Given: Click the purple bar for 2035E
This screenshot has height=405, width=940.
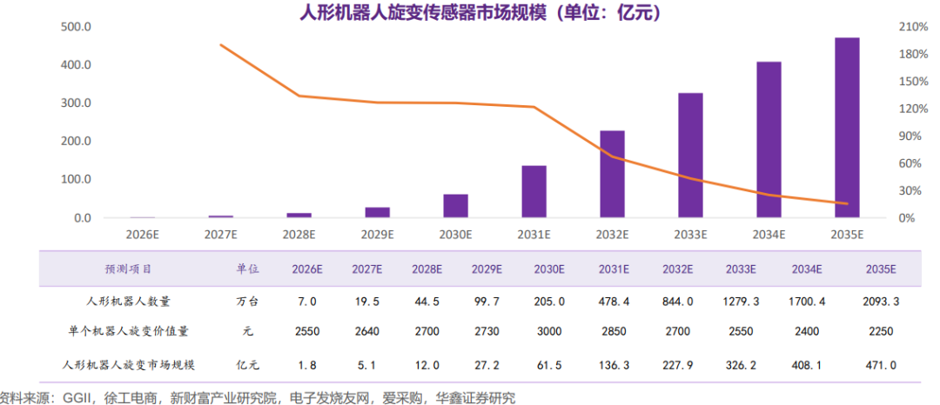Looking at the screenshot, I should (847, 128).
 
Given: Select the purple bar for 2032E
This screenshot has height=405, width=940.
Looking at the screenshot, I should (612, 174).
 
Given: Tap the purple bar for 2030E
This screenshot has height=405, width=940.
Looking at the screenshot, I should (455, 206).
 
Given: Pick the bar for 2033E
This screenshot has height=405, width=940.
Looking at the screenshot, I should (690, 155).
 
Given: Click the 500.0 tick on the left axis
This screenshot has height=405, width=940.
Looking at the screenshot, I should (77, 27).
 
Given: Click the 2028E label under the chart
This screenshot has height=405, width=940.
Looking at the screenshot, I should (299, 235).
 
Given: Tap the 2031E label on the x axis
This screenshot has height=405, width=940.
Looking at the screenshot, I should (534, 235).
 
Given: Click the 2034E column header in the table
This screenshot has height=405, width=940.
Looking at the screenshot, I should (807, 269).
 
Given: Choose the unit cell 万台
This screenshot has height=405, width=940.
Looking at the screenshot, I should (248, 301).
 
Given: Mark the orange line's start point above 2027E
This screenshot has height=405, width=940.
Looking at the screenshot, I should (221, 44).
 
